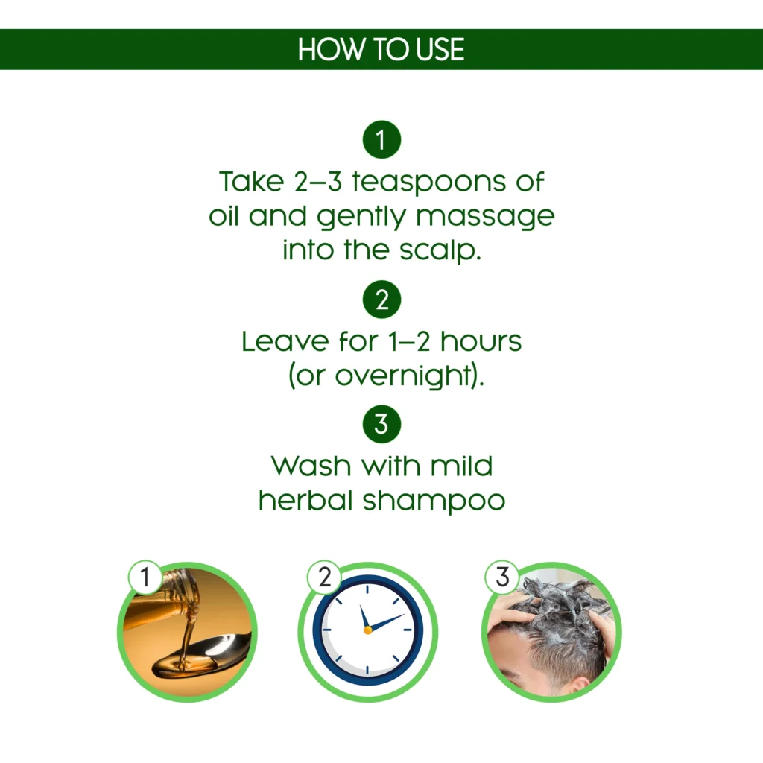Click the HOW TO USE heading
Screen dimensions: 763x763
click(x=381, y=49)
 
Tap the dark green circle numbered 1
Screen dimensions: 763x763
click(x=381, y=139)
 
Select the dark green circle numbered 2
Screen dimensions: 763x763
click(x=381, y=300)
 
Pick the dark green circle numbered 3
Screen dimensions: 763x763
click(x=381, y=424)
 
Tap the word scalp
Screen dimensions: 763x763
click(x=440, y=250)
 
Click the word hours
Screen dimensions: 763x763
click(x=481, y=341)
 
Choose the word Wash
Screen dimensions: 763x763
click(x=311, y=466)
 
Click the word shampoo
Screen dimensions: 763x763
click(x=434, y=501)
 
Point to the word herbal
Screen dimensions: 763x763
click(x=305, y=500)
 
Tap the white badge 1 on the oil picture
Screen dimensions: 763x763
click(x=145, y=577)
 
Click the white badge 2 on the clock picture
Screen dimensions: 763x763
click(x=324, y=577)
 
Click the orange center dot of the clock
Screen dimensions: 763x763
click(x=368, y=630)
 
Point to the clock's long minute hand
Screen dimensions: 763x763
click(x=387, y=622)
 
